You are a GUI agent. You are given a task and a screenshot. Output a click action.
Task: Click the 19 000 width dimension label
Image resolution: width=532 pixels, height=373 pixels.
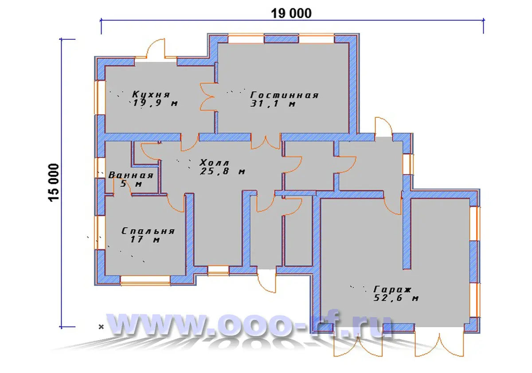pos(291,13)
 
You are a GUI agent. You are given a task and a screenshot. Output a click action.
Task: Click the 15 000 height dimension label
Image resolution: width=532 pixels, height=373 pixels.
pos(54,183)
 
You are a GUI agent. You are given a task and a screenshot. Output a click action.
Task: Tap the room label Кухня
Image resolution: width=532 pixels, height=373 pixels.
pos(151,94)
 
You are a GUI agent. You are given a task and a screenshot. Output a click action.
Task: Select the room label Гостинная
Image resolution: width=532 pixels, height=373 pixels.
pos(284,95)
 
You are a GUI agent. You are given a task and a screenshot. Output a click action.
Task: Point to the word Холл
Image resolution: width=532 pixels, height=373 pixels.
pos(214,163)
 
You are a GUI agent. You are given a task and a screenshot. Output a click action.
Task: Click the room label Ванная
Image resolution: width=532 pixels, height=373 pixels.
pos(131,175)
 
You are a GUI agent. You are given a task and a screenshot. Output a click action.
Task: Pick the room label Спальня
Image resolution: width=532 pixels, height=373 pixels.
pos(148,231)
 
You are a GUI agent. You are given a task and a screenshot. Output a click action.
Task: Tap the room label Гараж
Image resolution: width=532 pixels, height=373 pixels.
pos(392,289)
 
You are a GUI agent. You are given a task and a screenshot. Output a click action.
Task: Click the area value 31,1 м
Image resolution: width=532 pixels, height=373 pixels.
pos(273,104)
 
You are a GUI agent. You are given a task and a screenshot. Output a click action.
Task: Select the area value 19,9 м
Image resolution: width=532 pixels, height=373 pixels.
pos(155,103)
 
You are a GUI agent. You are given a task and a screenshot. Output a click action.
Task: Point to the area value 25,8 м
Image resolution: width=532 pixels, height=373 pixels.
pos(223,171)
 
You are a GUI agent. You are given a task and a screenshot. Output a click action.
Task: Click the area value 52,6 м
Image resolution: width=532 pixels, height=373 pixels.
pos(396,298)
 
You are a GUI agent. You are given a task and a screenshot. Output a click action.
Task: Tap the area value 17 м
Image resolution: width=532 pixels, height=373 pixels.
pos(145,239)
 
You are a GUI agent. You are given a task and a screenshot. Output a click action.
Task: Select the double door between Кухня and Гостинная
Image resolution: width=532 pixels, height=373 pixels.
pos(207,97)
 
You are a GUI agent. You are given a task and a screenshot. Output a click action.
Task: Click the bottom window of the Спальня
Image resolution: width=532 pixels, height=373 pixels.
pos(145,280)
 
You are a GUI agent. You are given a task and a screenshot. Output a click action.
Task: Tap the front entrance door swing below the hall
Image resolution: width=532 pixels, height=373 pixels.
pos(266,283)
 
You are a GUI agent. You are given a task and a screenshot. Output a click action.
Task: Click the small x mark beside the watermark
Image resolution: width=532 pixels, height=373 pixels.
pos(101,327)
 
